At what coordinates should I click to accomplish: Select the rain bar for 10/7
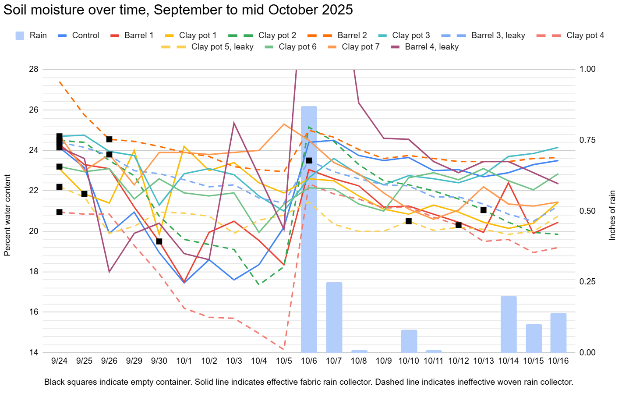[334, 317]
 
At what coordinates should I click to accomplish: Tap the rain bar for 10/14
[509, 324]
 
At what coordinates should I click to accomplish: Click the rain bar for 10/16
[558, 333]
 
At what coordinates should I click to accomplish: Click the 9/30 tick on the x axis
[159, 361]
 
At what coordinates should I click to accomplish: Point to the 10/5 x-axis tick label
[284, 361]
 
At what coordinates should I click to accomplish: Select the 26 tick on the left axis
[34, 110]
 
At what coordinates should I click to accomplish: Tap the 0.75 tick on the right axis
[587, 140]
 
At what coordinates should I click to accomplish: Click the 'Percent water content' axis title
[7, 215]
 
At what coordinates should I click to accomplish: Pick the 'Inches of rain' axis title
[612, 215]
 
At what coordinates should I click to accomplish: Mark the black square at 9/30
[159, 241]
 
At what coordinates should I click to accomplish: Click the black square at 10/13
[484, 210]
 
